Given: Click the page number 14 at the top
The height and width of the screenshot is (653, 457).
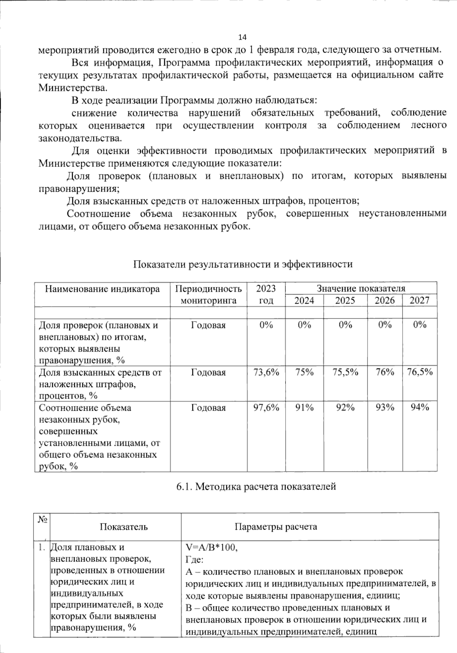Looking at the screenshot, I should [x=242, y=37].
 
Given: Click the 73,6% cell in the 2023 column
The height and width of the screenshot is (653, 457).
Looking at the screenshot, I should [x=266, y=372].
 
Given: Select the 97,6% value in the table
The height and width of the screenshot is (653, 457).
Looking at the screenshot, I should [x=266, y=408].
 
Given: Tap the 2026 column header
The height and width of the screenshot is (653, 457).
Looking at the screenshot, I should [x=385, y=301].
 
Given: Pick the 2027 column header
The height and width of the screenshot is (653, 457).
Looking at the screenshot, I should [x=419, y=301].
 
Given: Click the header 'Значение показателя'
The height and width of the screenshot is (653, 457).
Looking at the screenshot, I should [x=361, y=288].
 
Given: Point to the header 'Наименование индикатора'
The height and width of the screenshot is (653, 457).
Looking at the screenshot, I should [x=102, y=289].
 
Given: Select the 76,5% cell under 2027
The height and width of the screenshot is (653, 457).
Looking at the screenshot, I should [x=420, y=372].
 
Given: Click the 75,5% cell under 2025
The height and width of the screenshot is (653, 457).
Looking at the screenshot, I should [x=345, y=372].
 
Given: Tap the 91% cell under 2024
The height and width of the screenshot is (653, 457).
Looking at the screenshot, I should [x=304, y=408].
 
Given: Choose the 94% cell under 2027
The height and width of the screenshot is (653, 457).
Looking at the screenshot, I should [x=420, y=408].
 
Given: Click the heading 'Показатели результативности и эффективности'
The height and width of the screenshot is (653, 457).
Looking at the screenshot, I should [x=243, y=264].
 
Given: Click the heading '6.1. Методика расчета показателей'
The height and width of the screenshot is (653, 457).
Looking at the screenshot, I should [x=256, y=487].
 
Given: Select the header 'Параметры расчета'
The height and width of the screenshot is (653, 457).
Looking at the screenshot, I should [x=276, y=527].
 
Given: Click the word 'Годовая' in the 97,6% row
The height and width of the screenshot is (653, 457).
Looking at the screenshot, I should [x=208, y=408].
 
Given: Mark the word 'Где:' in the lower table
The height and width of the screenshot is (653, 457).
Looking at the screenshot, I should [x=195, y=560].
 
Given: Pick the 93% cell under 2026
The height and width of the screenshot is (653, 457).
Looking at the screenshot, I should [x=385, y=408].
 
